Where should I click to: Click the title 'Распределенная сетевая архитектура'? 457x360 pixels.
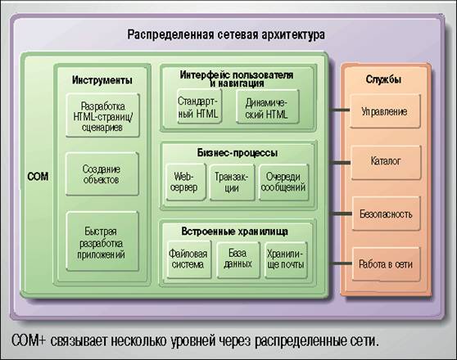[226, 34]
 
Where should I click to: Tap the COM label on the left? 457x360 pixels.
[38, 177]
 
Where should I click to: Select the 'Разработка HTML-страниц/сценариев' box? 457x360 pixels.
[102, 115]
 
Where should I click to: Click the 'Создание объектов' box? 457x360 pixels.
[102, 174]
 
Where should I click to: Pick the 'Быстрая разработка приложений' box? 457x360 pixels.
[102, 241]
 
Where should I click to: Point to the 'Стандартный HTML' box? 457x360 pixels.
[199, 106]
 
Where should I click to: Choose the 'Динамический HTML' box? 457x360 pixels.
[268, 107]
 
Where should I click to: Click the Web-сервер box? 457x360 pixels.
[186, 182]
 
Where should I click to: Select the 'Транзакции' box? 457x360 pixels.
[232, 182]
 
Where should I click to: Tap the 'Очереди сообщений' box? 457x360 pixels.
[284, 182]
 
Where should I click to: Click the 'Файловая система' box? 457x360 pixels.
[189, 259]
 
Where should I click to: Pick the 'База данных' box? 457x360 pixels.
[238, 259]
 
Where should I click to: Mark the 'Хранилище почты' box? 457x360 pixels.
[286, 259]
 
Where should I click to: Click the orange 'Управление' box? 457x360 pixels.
[385, 111]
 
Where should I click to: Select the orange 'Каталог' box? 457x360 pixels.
[387, 163]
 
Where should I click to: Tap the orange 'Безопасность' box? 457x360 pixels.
[387, 214]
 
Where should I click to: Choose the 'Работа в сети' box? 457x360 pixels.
[387, 264]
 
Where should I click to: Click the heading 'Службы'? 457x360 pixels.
[383, 79]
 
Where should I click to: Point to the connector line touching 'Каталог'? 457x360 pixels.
[340, 162]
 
